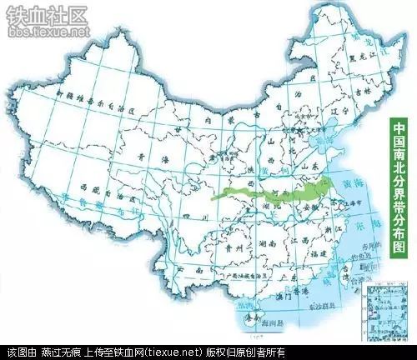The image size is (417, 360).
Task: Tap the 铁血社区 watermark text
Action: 46,15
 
